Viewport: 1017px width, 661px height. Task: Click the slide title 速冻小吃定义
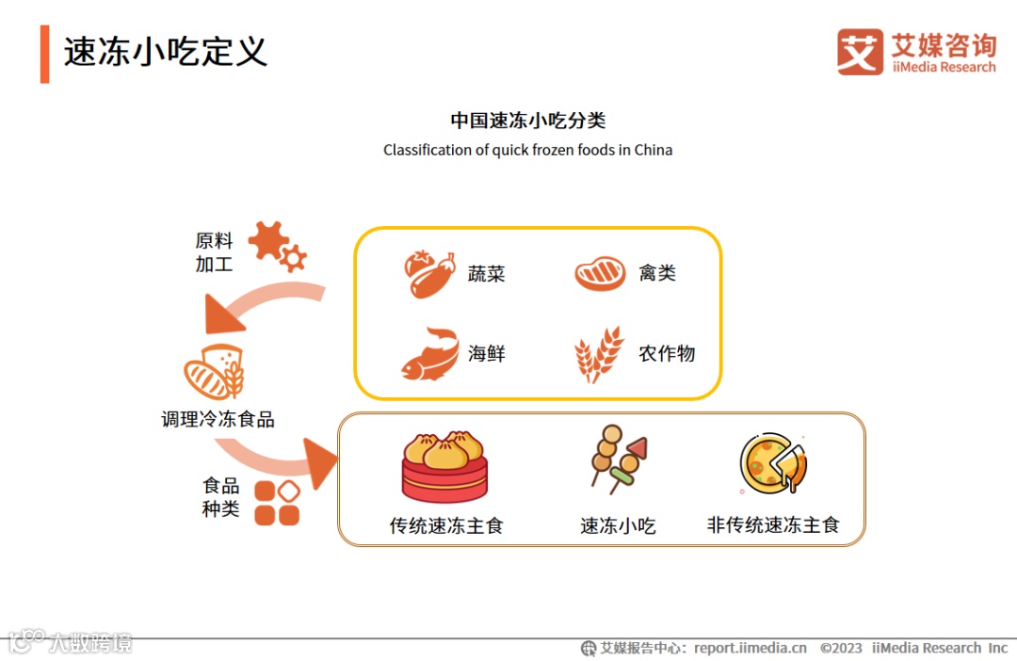coord(166,52)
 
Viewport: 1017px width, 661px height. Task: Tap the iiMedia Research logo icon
coord(860,52)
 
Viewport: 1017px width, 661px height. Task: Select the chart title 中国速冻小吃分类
coord(527,121)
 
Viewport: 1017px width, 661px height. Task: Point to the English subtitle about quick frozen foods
coord(527,150)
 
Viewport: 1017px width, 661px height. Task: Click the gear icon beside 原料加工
coord(276,246)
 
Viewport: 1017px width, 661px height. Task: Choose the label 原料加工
coord(214,252)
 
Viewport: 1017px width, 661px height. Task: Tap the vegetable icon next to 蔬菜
coord(430,274)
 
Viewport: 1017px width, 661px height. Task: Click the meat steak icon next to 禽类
coord(600,274)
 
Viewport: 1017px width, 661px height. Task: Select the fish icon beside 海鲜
coord(429,354)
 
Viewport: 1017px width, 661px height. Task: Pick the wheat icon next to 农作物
coord(599,354)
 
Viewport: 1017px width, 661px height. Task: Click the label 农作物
coord(667,354)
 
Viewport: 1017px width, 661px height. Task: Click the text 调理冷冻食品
coord(218,419)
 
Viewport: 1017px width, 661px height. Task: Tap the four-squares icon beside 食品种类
coord(277,503)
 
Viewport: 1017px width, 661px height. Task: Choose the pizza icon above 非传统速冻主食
coord(773,463)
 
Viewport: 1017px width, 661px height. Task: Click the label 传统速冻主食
coord(446,525)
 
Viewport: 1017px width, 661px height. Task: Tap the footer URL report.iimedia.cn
coord(751,648)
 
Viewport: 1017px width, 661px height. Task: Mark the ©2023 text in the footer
coord(841,648)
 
